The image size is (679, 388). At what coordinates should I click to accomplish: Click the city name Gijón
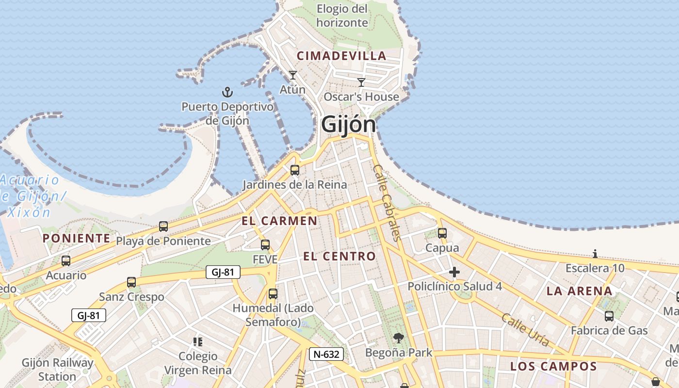click(x=348, y=125)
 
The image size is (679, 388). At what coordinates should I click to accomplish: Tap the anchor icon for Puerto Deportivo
click(x=227, y=92)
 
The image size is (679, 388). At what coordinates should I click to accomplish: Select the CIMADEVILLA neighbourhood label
click(x=341, y=56)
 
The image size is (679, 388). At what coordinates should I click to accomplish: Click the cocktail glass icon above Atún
click(x=292, y=75)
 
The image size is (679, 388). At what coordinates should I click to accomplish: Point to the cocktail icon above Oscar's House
click(x=361, y=82)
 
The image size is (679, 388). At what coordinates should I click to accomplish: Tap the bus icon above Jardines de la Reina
click(x=294, y=170)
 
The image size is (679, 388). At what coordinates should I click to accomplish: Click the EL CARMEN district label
click(x=279, y=221)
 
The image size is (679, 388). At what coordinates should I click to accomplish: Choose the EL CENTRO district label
click(x=339, y=256)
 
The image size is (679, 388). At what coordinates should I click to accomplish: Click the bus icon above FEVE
click(x=265, y=245)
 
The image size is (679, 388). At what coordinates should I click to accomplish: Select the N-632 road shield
click(x=326, y=354)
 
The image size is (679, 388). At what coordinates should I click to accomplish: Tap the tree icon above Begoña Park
click(x=399, y=338)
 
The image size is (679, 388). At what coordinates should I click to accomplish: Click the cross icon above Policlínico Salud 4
click(x=454, y=272)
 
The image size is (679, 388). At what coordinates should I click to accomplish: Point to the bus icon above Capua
click(x=442, y=233)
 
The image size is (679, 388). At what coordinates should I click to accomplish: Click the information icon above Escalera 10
click(x=595, y=254)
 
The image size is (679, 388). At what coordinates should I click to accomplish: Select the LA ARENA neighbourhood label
click(x=580, y=291)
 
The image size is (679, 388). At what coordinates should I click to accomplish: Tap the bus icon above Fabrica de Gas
click(x=609, y=316)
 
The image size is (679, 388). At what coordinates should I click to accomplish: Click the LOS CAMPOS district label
click(x=553, y=366)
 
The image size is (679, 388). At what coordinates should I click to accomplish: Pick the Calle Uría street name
click(x=525, y=330)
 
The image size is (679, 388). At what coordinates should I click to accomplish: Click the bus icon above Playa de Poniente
click(x=163, y=226)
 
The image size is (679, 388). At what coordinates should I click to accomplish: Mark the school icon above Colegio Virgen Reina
click(x=197, y=342)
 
